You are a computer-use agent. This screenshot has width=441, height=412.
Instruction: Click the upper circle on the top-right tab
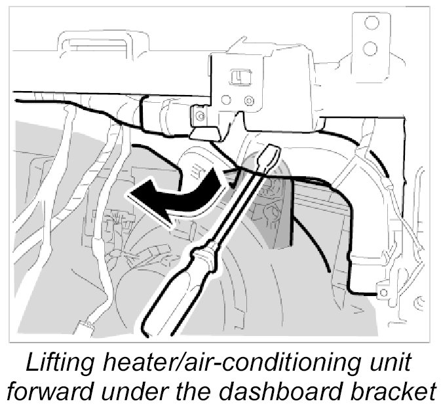pos(372,24)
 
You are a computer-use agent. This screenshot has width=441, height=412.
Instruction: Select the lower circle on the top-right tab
pos(372,48)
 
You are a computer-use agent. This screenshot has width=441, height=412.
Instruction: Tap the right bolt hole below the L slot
pos(248,100)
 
